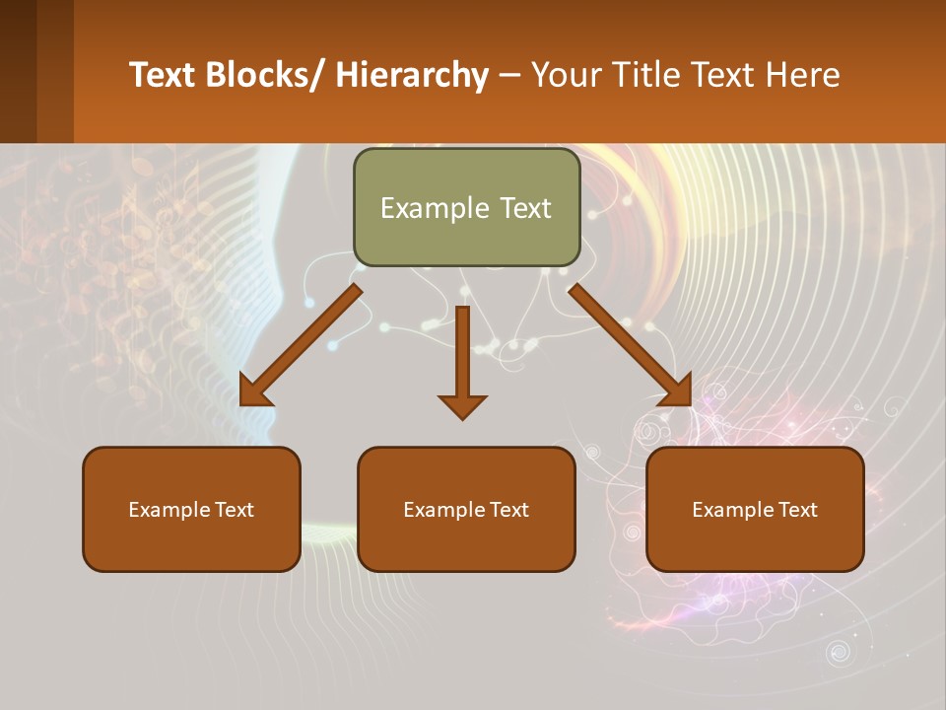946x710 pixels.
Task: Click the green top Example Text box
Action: tap(466, 207)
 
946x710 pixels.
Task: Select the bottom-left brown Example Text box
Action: tap(191, 509)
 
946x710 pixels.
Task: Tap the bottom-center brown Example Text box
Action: tap(466, 509)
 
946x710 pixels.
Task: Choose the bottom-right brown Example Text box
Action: tap(755, 509)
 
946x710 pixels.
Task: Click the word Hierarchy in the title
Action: tap(412, 75)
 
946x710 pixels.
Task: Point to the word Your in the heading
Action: tap(567, 75)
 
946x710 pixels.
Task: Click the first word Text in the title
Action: tap(163, 75)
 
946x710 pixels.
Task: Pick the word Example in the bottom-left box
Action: tap(169, 510)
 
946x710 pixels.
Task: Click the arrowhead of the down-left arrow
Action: tap(254, 392)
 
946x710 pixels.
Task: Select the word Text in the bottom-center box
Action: tap(507, 510)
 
